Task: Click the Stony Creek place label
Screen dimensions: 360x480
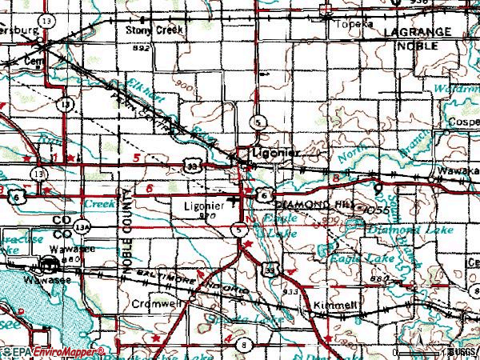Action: click(155, 30)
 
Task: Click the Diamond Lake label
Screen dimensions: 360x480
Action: click(398, 230)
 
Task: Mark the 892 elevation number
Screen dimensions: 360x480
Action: click(142, 48)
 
